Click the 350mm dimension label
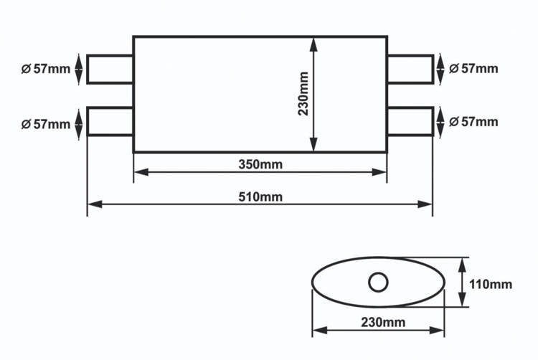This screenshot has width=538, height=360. (x=260, y=164)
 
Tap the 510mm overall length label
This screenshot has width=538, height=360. (x=260, y=197)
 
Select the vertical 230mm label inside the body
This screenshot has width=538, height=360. (x=303, y=94)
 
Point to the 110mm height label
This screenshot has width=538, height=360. (x=491, y=284)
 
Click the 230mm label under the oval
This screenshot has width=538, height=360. (x=383, y=322)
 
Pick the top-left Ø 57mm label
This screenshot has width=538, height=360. (x=46, y=69)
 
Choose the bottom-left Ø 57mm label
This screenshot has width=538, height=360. (x=46, y=124)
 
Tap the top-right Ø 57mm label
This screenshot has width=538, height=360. (x=473, y=69)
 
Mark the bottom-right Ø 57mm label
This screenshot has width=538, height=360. (x=473, y=122)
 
